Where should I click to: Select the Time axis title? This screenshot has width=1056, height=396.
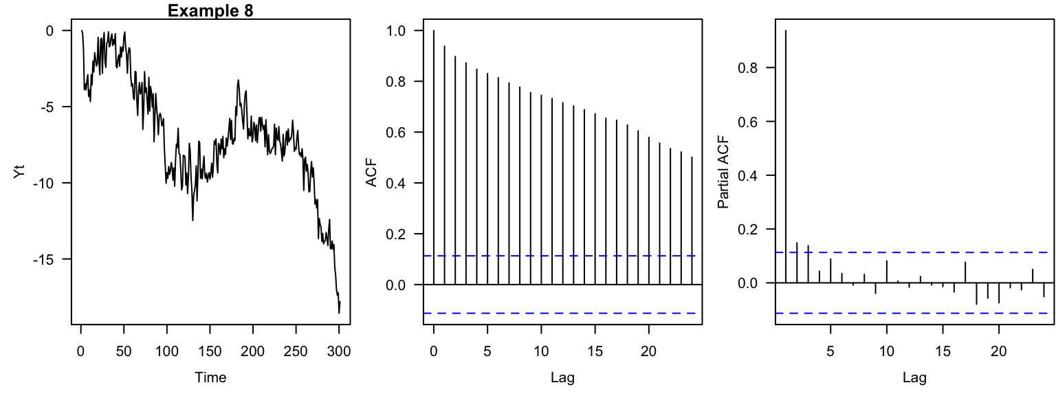click(210, 377)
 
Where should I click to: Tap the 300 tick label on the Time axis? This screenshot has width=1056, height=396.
click(339, 351)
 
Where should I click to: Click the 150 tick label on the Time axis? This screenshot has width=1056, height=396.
click(210, 351)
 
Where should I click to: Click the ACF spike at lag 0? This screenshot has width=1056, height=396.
click(434, 158)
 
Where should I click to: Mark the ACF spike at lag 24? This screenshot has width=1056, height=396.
click(692, 220)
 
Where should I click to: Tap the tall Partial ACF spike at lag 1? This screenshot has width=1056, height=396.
click(786, 158)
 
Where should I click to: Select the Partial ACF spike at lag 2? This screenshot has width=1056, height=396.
click(797, 263)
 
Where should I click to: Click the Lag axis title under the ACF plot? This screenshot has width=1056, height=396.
click(562, 377)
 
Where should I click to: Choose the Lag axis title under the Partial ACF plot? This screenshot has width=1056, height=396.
click(914, 377)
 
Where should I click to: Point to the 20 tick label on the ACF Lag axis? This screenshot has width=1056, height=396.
click(648, 351)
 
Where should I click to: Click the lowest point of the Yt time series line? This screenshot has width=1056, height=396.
click(339, 313)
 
